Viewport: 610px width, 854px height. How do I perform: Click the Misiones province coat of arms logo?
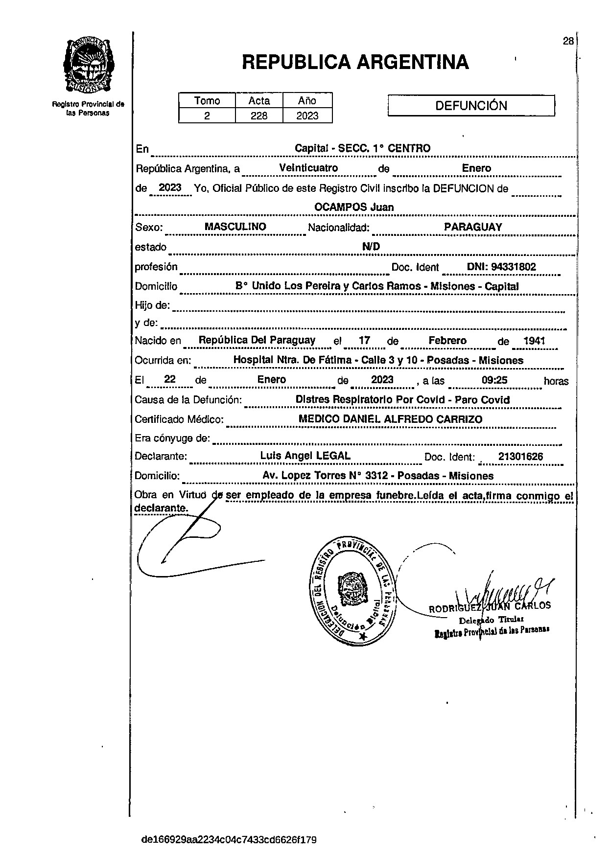pos(89,65)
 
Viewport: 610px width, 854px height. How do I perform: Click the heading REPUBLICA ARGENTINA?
pos(355,62)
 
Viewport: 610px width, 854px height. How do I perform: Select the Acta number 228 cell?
pos(259,115)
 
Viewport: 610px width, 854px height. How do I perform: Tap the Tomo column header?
pos(207,101)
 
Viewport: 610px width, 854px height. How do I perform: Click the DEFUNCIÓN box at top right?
pos(471,106)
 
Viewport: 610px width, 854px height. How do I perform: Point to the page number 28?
pos(568,41)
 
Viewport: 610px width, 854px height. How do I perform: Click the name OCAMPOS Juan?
pos(354,207)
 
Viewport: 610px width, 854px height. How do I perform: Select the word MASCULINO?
pos(235,227)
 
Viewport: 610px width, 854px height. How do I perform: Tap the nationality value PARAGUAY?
pos(473,227)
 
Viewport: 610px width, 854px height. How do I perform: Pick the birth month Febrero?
pos(447,341)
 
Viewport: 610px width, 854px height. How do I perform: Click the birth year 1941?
pos(534,341)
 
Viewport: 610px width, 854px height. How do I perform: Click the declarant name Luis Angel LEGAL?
pos(305,456)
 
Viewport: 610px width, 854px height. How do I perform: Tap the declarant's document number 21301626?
pos(520,457)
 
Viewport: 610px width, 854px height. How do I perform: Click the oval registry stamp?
pos(352,592)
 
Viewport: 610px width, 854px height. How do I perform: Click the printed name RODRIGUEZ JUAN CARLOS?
pos(490,607)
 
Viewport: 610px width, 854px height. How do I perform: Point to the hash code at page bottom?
pos(229,840)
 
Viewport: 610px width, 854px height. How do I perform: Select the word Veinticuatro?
pos(308,168)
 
